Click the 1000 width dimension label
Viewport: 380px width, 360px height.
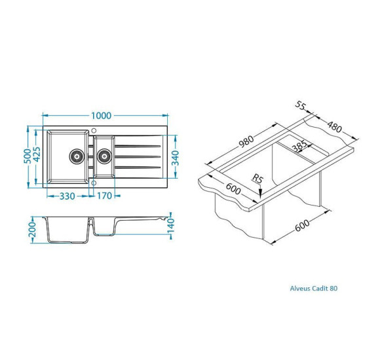point(101,115)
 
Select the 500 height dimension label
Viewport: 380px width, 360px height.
point(28,156)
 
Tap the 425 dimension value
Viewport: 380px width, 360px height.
point(37,154)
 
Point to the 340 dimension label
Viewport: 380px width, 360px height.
point(175,158)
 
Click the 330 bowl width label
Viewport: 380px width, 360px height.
point(67,196)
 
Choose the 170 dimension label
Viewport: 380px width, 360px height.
point(104,196)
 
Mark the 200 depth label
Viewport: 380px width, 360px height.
point(32,230)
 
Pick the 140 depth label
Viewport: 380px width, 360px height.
point(171,225)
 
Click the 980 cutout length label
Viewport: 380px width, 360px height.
point(246,141)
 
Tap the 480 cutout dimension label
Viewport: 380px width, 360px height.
point(334,126)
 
